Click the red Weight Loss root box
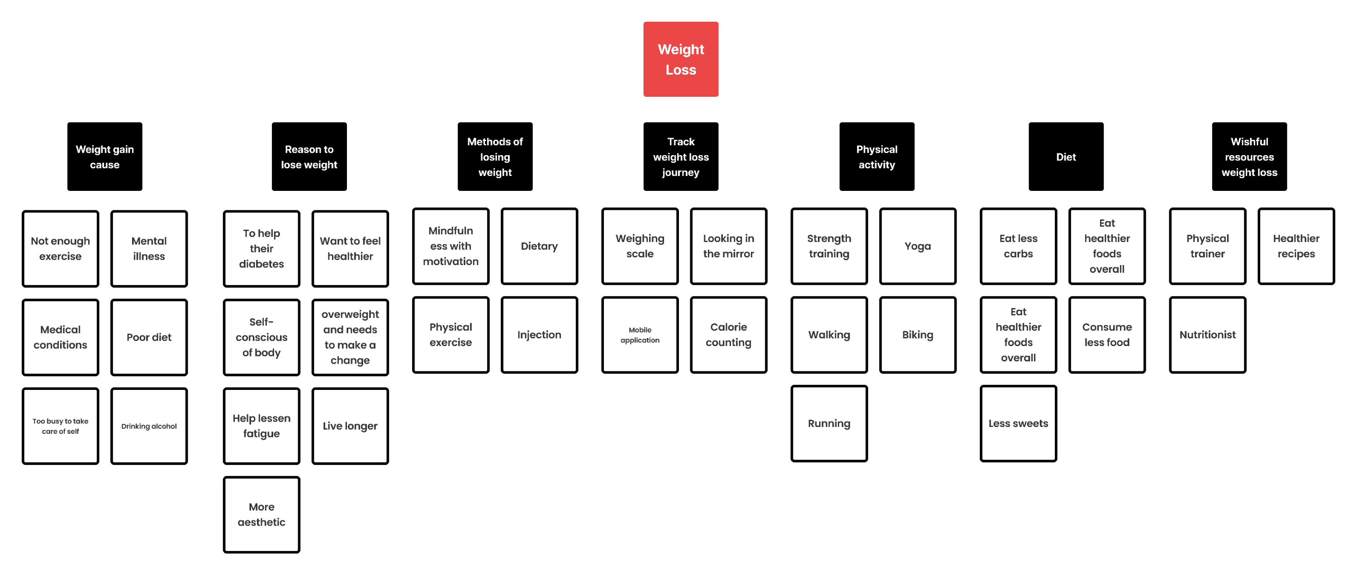pos(681,59)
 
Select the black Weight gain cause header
pos(105,157)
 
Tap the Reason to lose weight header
pos(309,157)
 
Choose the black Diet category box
pos(1066,157)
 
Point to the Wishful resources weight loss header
pos(1249,157)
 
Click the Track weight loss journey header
pos(681,157)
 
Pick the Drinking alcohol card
pos(149,426)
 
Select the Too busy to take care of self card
pos(61,426)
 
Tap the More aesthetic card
pos(262,514)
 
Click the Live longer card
pos(350,426)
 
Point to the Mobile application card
pos(640,335)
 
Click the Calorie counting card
pos(729,335)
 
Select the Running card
pos(829,423)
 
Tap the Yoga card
pos(918,246)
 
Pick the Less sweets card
pos(1018,423)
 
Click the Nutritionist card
pos(1207,335)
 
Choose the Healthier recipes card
pos(1296,246)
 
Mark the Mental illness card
pos(149,249)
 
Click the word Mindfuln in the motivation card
pos(451,231)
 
